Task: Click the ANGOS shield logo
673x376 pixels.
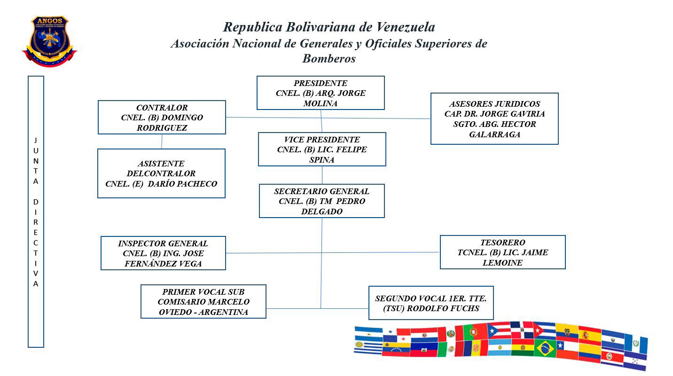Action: tap(50, 41)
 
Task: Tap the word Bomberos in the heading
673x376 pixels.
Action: tap(329, 59)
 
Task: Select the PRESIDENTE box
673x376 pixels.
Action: tap(321, 93)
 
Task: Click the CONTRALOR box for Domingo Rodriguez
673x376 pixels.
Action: tap(162, 117)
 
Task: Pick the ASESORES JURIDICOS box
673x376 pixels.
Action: tap(494, 118)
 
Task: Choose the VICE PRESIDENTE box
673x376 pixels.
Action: tap(322, 149)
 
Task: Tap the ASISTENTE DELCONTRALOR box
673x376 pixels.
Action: tap(161, 173)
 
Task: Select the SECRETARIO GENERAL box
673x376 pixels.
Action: tap(322, 201)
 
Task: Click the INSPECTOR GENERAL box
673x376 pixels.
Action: tap(163, 253)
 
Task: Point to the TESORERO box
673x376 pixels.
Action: tap(502, 252)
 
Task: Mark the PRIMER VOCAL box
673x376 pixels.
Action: tap(203, 301)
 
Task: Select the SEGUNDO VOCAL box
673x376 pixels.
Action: tap(431, 303)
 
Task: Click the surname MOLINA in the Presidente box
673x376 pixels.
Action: tap(321, 103)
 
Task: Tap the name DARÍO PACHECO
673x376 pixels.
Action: tap(182, 184)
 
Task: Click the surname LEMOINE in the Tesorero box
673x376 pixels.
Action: tap(502, 263)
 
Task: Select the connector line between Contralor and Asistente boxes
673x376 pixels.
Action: tap(162, 141)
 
